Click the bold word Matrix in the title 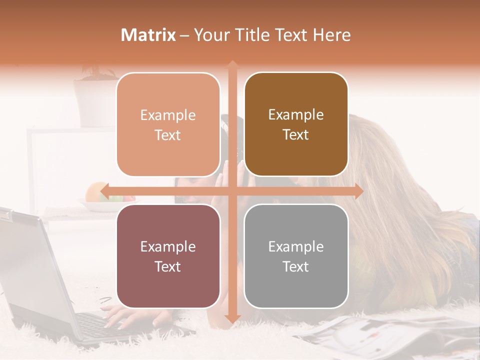148,35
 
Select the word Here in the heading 331,35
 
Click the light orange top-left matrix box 168,124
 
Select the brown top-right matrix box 296,124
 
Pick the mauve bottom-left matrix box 168,256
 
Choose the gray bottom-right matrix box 296,256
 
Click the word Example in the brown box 296,114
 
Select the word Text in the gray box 296,266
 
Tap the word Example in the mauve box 168,246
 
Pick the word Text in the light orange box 168,135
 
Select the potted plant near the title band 95,95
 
